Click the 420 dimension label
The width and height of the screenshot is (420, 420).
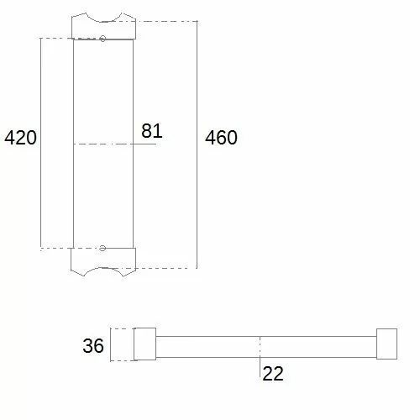tap(20, 138)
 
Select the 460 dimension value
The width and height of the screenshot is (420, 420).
tap(221, 138)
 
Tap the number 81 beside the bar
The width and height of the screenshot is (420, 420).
tap(152, 131)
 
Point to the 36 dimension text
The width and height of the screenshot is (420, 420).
tap(93, 345)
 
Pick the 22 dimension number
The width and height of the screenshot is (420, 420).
tap(273, 373)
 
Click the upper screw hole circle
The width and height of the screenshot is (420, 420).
tap(102, 39)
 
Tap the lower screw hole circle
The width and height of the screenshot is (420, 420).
tap(102, 248)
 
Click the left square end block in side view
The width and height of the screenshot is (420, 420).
tap(144, 344)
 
